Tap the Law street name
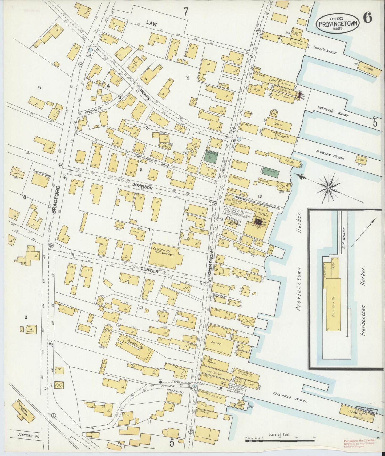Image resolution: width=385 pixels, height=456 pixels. [152, 24]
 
